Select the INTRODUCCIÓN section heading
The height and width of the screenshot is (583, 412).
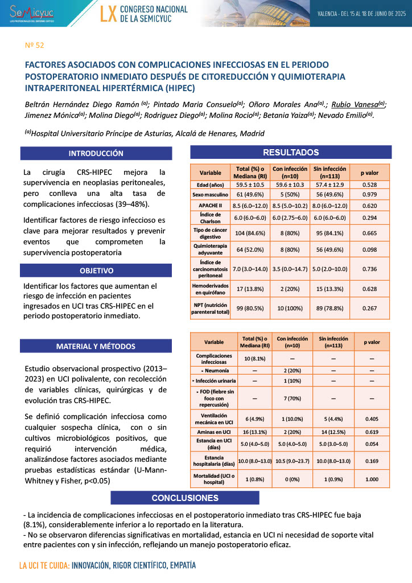pos(96,153)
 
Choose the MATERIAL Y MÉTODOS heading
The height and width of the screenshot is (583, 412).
pos(96,346)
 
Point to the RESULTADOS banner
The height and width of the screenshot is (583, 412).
pos(290,152)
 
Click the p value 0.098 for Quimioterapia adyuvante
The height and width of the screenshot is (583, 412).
pos(369,251)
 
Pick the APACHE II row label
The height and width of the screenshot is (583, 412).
pos(211,204)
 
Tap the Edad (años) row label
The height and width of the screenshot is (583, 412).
pos(211,185)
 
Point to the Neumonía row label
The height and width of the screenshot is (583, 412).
pos(213,369)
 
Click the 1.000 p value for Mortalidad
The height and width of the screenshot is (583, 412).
pos(371,479)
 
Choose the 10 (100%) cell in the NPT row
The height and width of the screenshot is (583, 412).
pos(290,307)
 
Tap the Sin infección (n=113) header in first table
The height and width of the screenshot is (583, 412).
pos(330,172)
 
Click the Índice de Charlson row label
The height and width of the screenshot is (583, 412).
pos(211,217)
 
